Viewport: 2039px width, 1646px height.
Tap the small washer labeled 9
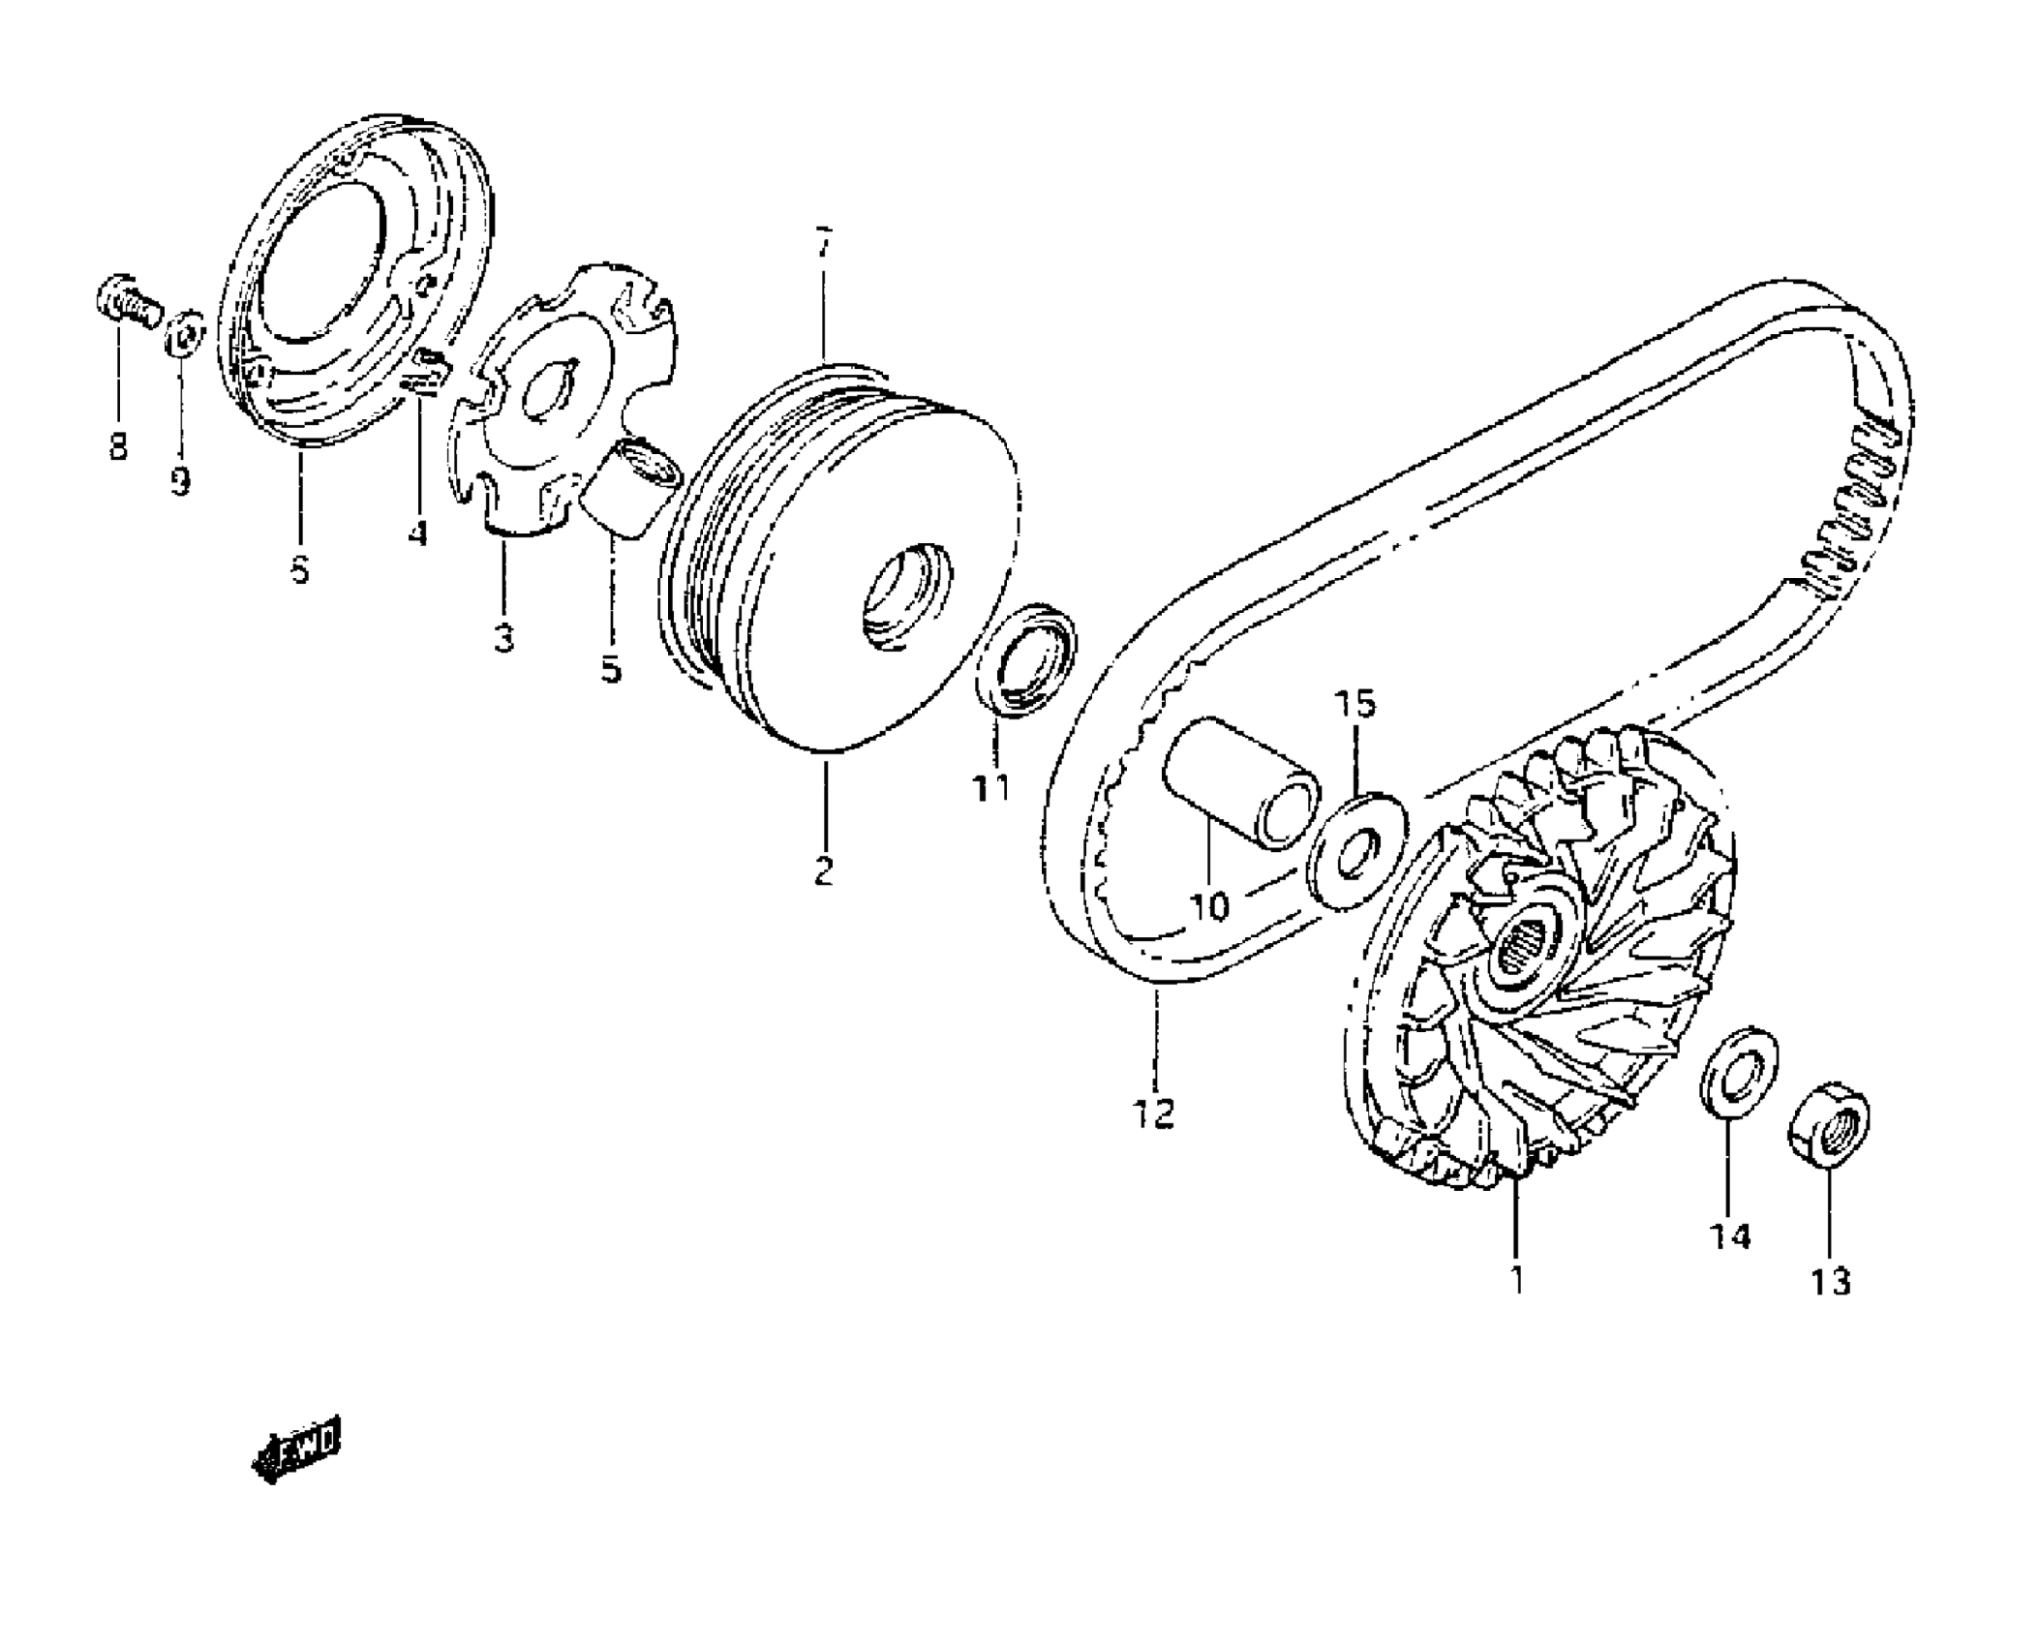(x=184, y=335)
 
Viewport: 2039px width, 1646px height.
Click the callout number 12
(x=1154, y=1113)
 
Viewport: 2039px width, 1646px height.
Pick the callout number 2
(x=823, y=870)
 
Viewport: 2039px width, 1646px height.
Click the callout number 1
(x=1516, y=1279)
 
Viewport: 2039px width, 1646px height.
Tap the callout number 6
(x=300, y=569)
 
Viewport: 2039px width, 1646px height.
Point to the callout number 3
(x=503, y=637)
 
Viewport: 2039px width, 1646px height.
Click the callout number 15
(x=1355, y=704)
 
